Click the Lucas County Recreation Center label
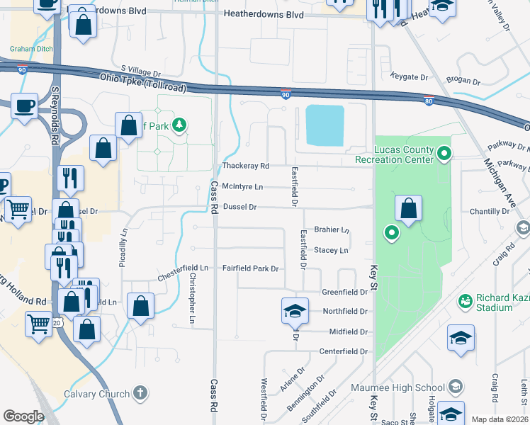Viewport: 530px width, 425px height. tap(404, 154)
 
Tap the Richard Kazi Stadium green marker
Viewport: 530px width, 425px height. tap(466, 301)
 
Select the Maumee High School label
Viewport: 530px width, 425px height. tap(397, 387)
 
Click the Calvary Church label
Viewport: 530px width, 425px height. tap(96, 394)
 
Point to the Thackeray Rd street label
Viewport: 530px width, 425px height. tap(246, 166)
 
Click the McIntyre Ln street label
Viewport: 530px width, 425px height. tap(242, 186)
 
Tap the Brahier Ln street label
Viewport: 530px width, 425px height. tap(332, 230)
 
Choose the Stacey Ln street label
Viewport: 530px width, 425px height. tap(331, 250)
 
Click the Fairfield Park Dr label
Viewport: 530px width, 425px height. tap(251, 269)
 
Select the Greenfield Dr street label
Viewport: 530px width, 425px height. tap(344, 292)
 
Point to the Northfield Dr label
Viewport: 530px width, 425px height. tap(345, 312)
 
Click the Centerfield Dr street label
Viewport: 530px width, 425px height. tap(344, 351)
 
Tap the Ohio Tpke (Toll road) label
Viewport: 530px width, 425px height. tap(142, 82)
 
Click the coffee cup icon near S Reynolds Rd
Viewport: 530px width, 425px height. tap(25, 107)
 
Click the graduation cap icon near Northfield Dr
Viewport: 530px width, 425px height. tap(295, 310)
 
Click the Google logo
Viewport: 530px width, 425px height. tap(23, 416)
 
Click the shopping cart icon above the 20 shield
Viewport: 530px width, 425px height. tap(38, 324)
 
